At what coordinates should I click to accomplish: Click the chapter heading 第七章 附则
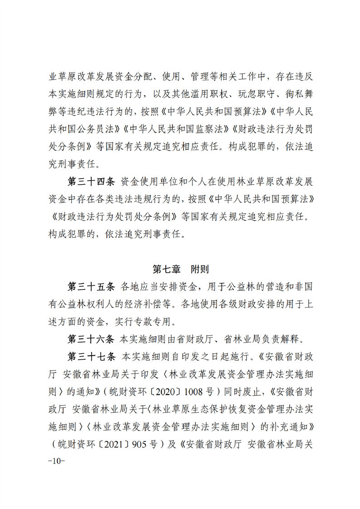point(180,269)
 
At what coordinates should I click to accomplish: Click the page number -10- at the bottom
point(56,461)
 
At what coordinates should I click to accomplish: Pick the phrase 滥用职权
point(205,94)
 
